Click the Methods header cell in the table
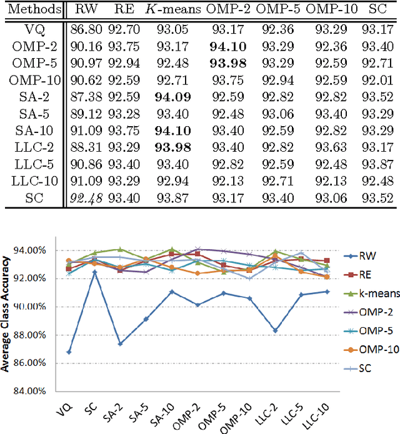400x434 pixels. [x=31, y=9]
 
